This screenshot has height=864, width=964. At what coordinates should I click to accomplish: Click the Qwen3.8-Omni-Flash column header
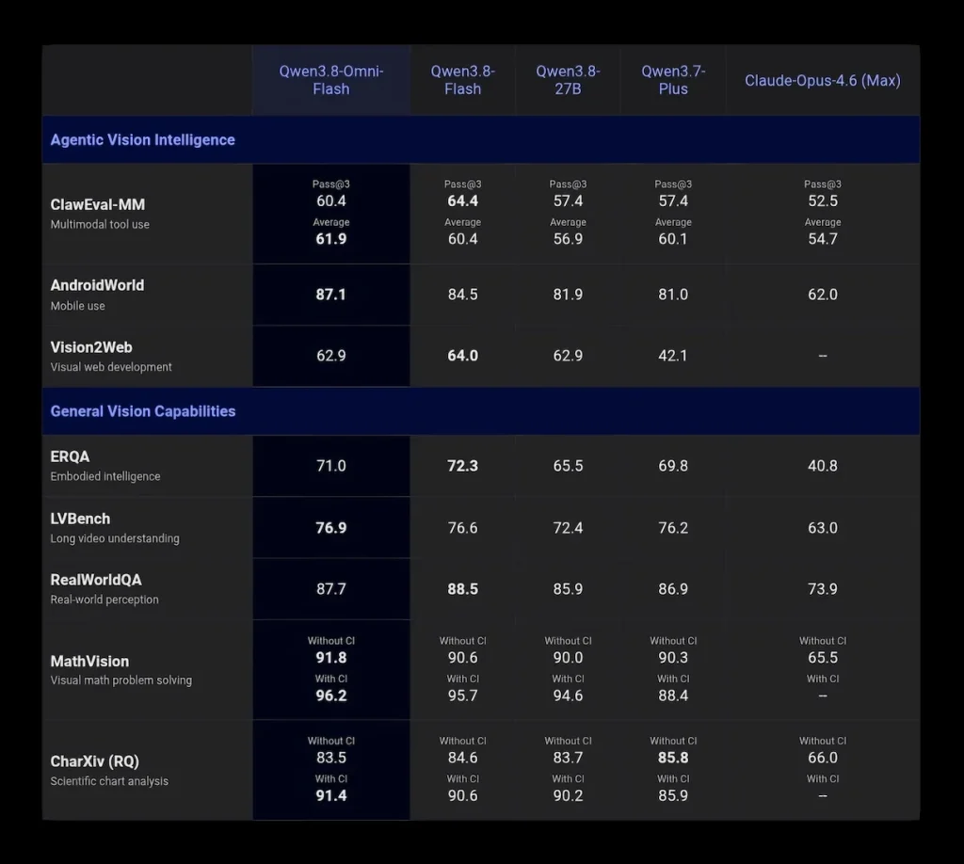(330, 80)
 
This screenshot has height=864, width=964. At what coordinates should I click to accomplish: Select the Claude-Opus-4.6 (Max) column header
(823, 81)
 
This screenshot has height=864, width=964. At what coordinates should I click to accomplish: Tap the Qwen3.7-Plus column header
(673, 80)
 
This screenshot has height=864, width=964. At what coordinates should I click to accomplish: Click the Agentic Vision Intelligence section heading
(143, 140)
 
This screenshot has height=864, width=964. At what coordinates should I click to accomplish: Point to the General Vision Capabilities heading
(143, 411)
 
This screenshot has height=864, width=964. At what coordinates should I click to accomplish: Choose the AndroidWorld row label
(97, 285)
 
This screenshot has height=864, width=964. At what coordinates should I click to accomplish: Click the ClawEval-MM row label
(98, 204)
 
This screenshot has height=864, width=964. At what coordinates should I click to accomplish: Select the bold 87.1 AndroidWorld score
(330, 295)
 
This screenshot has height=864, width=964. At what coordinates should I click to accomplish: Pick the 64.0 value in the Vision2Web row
(463, 356)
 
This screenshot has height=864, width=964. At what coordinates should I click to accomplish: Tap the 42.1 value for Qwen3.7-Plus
(673, 356)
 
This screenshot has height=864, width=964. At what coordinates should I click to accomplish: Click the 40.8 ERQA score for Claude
(823, 466)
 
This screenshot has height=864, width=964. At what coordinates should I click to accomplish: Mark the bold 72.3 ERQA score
(463, 466)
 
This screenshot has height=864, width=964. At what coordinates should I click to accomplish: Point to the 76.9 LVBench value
(330, 528)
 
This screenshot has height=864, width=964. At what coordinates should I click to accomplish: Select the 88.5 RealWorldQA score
(463, 588)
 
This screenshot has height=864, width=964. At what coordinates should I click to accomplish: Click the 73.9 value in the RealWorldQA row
(823, 588)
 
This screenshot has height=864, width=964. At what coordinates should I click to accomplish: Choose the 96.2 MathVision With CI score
(330, 696)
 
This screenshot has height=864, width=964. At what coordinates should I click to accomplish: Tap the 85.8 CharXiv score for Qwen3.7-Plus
(673, 758)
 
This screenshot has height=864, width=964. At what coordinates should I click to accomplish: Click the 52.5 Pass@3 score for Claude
(823, 201)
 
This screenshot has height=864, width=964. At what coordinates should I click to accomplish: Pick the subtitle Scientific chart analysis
(109, 781)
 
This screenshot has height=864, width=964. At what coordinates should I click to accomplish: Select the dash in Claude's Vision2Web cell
(823, 356)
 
